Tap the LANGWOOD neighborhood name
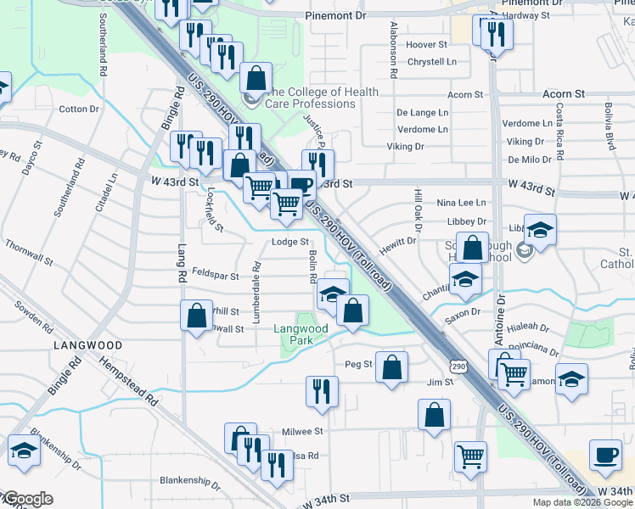click(x=87, y=346)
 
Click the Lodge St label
click(x=289, y=242)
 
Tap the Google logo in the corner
click(x=27, y=499)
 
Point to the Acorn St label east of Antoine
click(x=564, y=93)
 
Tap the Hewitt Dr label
click(x=398, y=241)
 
